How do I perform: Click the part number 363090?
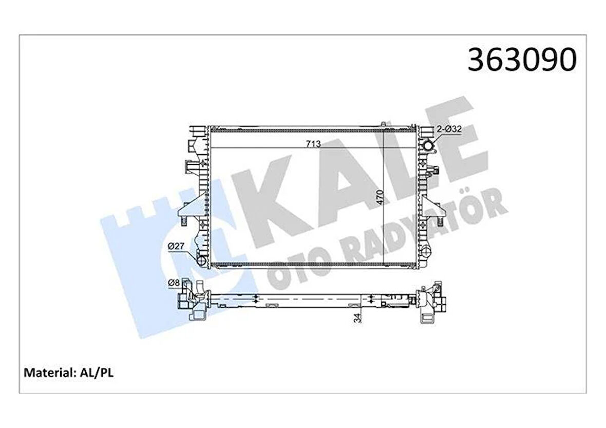pos(522,60)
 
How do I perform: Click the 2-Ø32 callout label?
pos(449,130)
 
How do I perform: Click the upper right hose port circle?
pos(427,146)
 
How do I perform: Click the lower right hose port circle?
pos(427,252)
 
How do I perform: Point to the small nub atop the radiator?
pos(383,124)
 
